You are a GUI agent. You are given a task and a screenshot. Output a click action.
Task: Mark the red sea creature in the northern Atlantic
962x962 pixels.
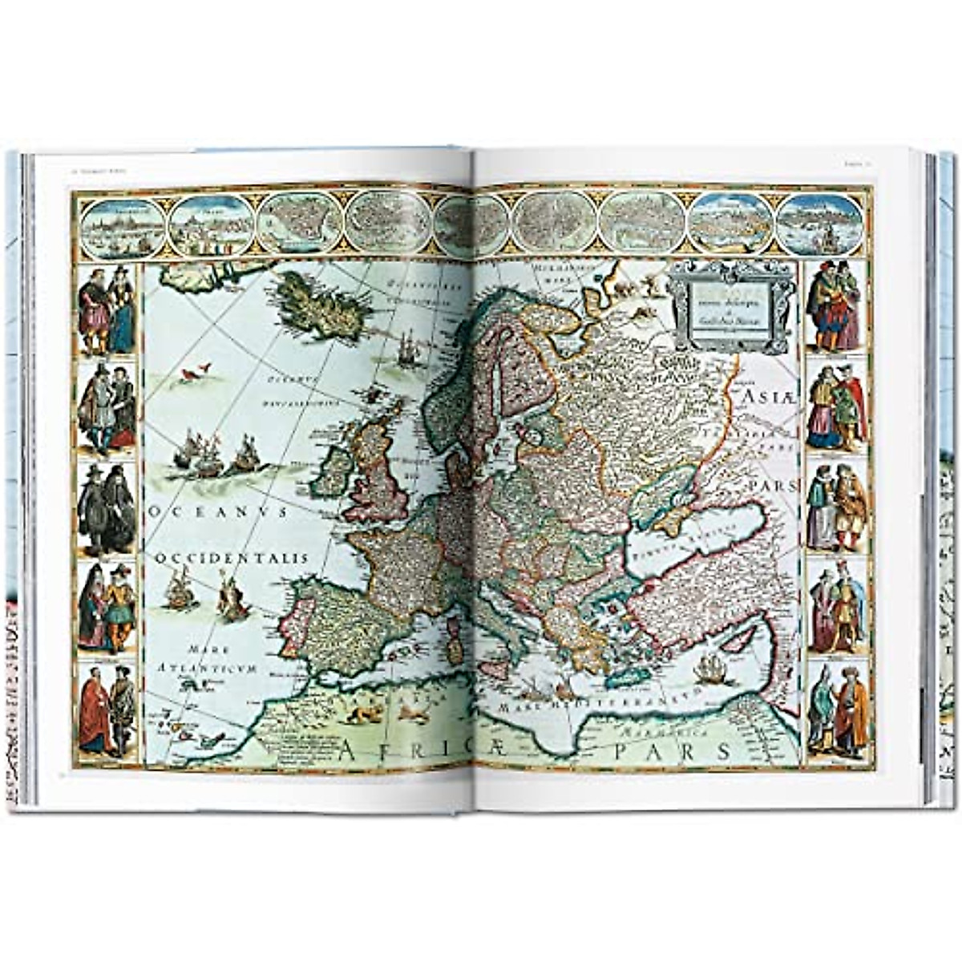tap(190, 373)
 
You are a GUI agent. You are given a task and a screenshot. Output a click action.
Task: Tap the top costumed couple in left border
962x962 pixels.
tap(107, 309)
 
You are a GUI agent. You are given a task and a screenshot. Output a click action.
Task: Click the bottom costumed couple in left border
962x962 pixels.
tap(107, 709)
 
